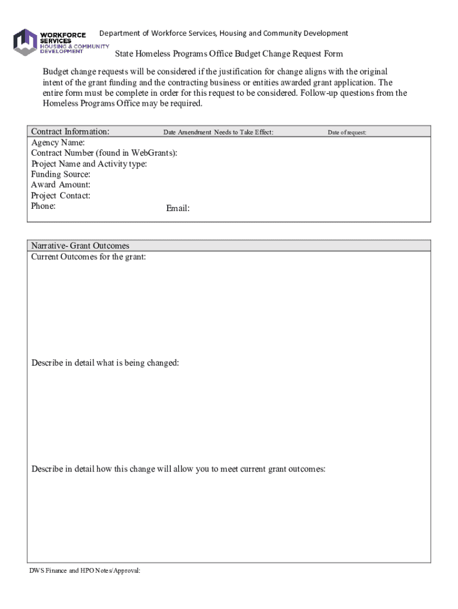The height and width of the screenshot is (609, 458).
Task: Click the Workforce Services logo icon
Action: point(25,42)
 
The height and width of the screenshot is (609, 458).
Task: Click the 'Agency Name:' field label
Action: point(58,143)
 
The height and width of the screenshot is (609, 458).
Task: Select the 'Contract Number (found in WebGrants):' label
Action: point(104,153)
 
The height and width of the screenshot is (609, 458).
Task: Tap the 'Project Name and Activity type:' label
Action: point(89,164)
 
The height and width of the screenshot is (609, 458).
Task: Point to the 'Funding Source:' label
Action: point(61,174)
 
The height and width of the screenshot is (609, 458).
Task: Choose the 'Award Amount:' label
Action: point(61,185)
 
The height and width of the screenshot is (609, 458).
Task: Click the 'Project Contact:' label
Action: point(61,196)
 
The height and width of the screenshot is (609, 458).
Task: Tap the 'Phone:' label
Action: point(43,206)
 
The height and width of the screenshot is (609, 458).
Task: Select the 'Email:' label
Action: point(178,208)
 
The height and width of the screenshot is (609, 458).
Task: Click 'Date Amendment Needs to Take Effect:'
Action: point(218,132)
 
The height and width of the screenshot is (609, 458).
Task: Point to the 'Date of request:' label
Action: point(347,133)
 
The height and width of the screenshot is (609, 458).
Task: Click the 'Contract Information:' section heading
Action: point(70,131)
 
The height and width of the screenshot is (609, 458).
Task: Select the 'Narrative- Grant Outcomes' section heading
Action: point(80,246)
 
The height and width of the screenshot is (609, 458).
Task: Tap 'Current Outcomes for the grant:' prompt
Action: point(89,256)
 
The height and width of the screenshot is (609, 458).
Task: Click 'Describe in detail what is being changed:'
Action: point(105,363)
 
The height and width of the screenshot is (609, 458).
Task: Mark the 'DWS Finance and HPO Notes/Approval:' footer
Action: point(85,570)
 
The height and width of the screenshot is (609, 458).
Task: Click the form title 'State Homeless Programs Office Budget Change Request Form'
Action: point(229,54)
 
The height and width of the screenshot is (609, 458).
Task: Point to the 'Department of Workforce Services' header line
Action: point(223,33)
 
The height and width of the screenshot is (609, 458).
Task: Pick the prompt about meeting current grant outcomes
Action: point(178,469)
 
